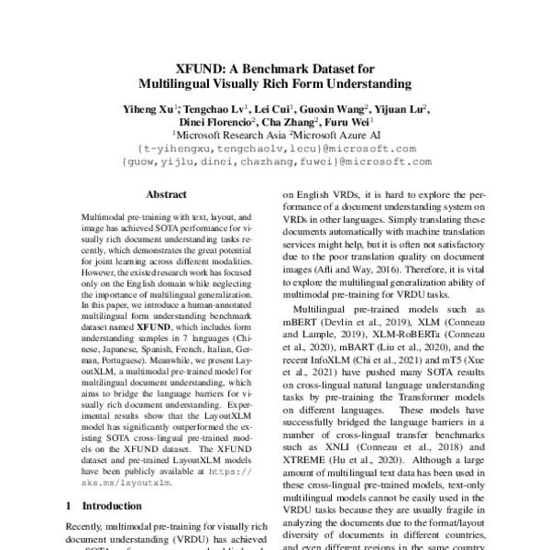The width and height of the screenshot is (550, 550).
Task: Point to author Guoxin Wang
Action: pyautogui.click(x=334, y=109)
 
